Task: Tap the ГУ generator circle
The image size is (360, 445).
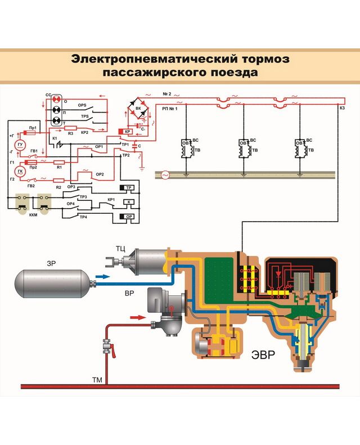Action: click(x=21, y=144)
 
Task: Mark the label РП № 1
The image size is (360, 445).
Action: click(x=169, y=109)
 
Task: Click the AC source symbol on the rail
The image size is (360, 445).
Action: click(x=165, y=176)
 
